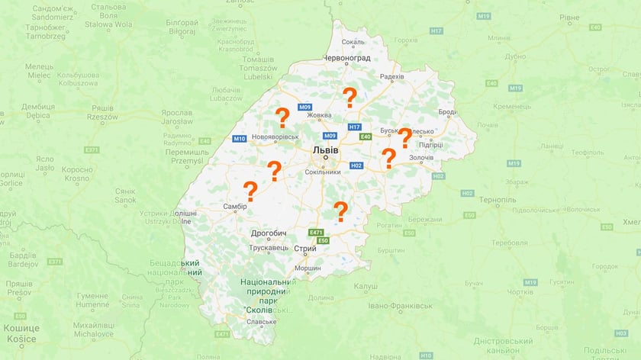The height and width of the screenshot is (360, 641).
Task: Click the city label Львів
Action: tap(326, 150)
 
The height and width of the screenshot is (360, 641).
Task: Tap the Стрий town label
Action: tap(304, 249)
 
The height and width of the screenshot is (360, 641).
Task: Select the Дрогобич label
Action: tap(268, 233)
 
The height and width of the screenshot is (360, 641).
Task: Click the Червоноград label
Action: tap(346, 58)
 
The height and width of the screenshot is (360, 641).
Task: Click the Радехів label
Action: tap(391, 77)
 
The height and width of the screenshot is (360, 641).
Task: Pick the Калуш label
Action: tap(367, 286)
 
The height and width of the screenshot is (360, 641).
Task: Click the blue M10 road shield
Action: tap(240, 138)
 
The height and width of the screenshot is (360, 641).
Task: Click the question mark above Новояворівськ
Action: tap(282, 117)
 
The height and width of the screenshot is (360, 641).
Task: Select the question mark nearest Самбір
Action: tap(250, 190)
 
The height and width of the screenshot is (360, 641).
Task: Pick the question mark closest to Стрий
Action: tap(340, 211)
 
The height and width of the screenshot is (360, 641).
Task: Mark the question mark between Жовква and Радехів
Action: tap(350, 97)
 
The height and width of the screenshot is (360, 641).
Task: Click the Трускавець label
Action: tap(270, 249)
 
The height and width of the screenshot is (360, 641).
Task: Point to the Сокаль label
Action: tap(354, 43)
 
